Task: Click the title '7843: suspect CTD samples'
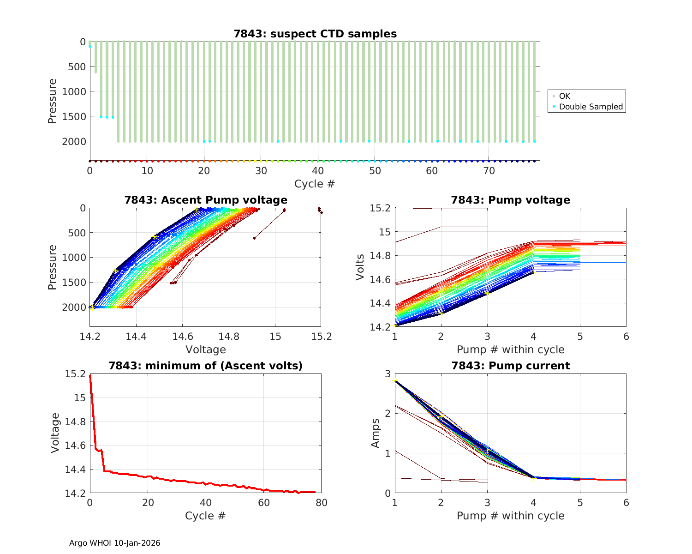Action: [x=315, y=34]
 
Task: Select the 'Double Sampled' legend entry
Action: [x=591, y=107]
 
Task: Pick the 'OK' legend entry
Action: [x=565, y=96]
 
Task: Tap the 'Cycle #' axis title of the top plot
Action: [x=315, y=184]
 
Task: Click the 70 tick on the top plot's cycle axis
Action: [x=489, y=171]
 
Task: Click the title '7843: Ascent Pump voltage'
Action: [x=206, y=200]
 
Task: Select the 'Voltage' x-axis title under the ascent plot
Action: [x=206, y=349]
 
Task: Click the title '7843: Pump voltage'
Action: [x=511, y=200]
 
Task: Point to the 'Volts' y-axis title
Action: [x=361, y=267]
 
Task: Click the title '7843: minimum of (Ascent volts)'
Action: [x=206, y=366]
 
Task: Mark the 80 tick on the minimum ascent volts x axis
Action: [x=322, y=503]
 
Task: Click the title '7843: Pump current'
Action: [x=511, y=366]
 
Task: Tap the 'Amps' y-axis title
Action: [x=376, y=433]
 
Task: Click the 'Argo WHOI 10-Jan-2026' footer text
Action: [x=115, y=543]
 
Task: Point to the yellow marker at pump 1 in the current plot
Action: [x=395, y=380]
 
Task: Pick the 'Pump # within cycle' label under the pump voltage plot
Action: [x=511, y=349]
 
